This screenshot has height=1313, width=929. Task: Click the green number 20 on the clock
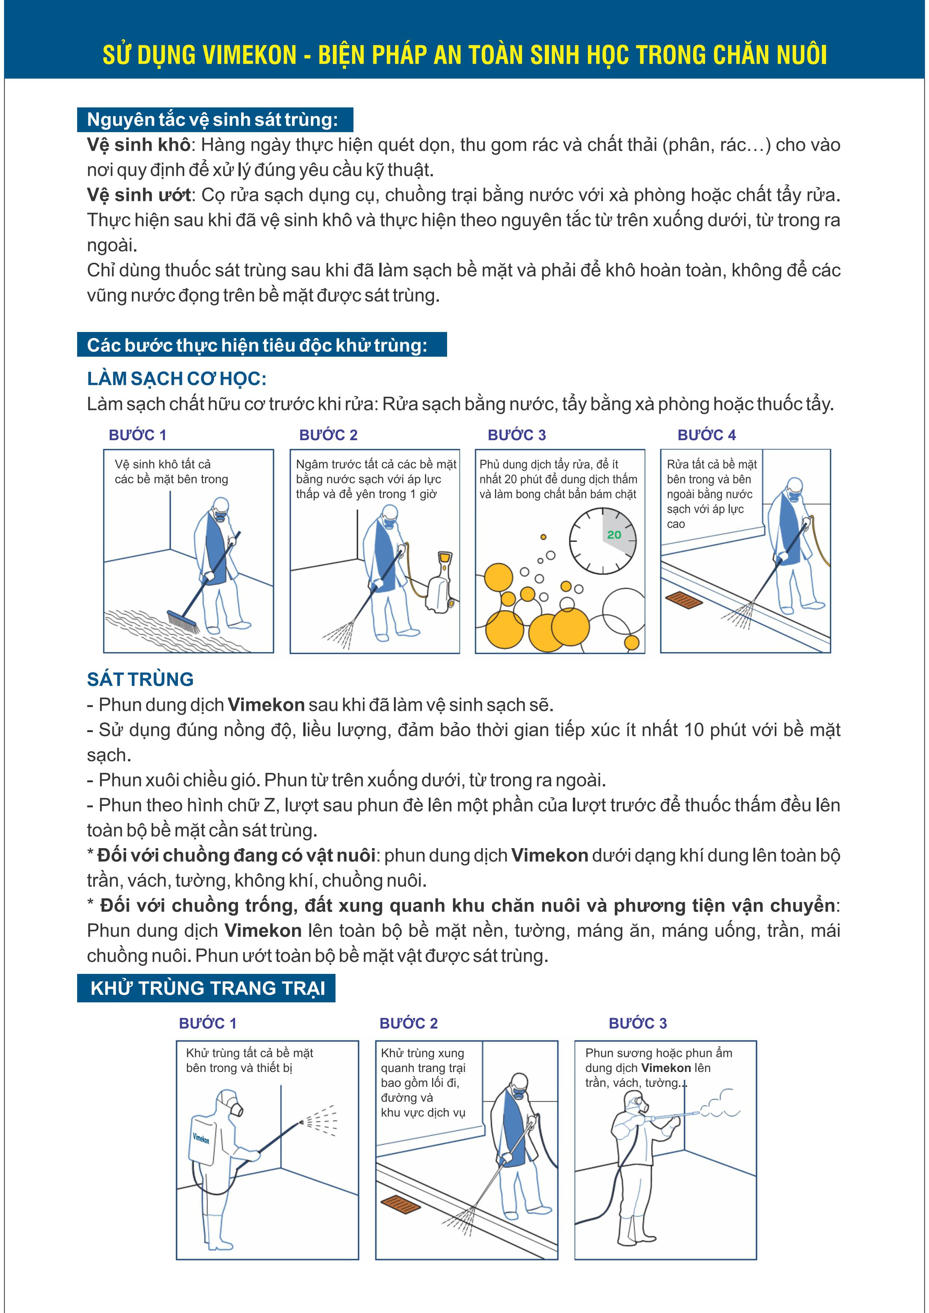[614, 535]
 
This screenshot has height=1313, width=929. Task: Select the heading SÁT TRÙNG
[140, 679]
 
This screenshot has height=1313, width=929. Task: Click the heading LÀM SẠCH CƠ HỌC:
[177, 378]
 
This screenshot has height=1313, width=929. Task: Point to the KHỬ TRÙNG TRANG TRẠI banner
[207, 988]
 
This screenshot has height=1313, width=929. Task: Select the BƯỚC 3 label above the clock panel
[517, 435]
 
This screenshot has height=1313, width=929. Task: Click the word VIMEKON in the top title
[249, 55]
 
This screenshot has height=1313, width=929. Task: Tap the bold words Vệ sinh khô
[139, 145]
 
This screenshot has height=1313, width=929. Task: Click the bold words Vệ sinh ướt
[139, 195]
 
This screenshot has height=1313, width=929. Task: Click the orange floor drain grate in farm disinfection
[400, 1203]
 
